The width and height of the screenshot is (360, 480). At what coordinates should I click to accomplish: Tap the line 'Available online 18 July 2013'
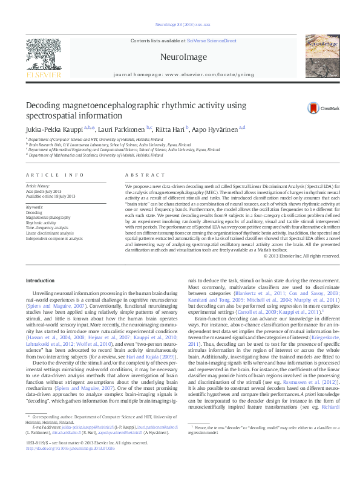tap(51, 195)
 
